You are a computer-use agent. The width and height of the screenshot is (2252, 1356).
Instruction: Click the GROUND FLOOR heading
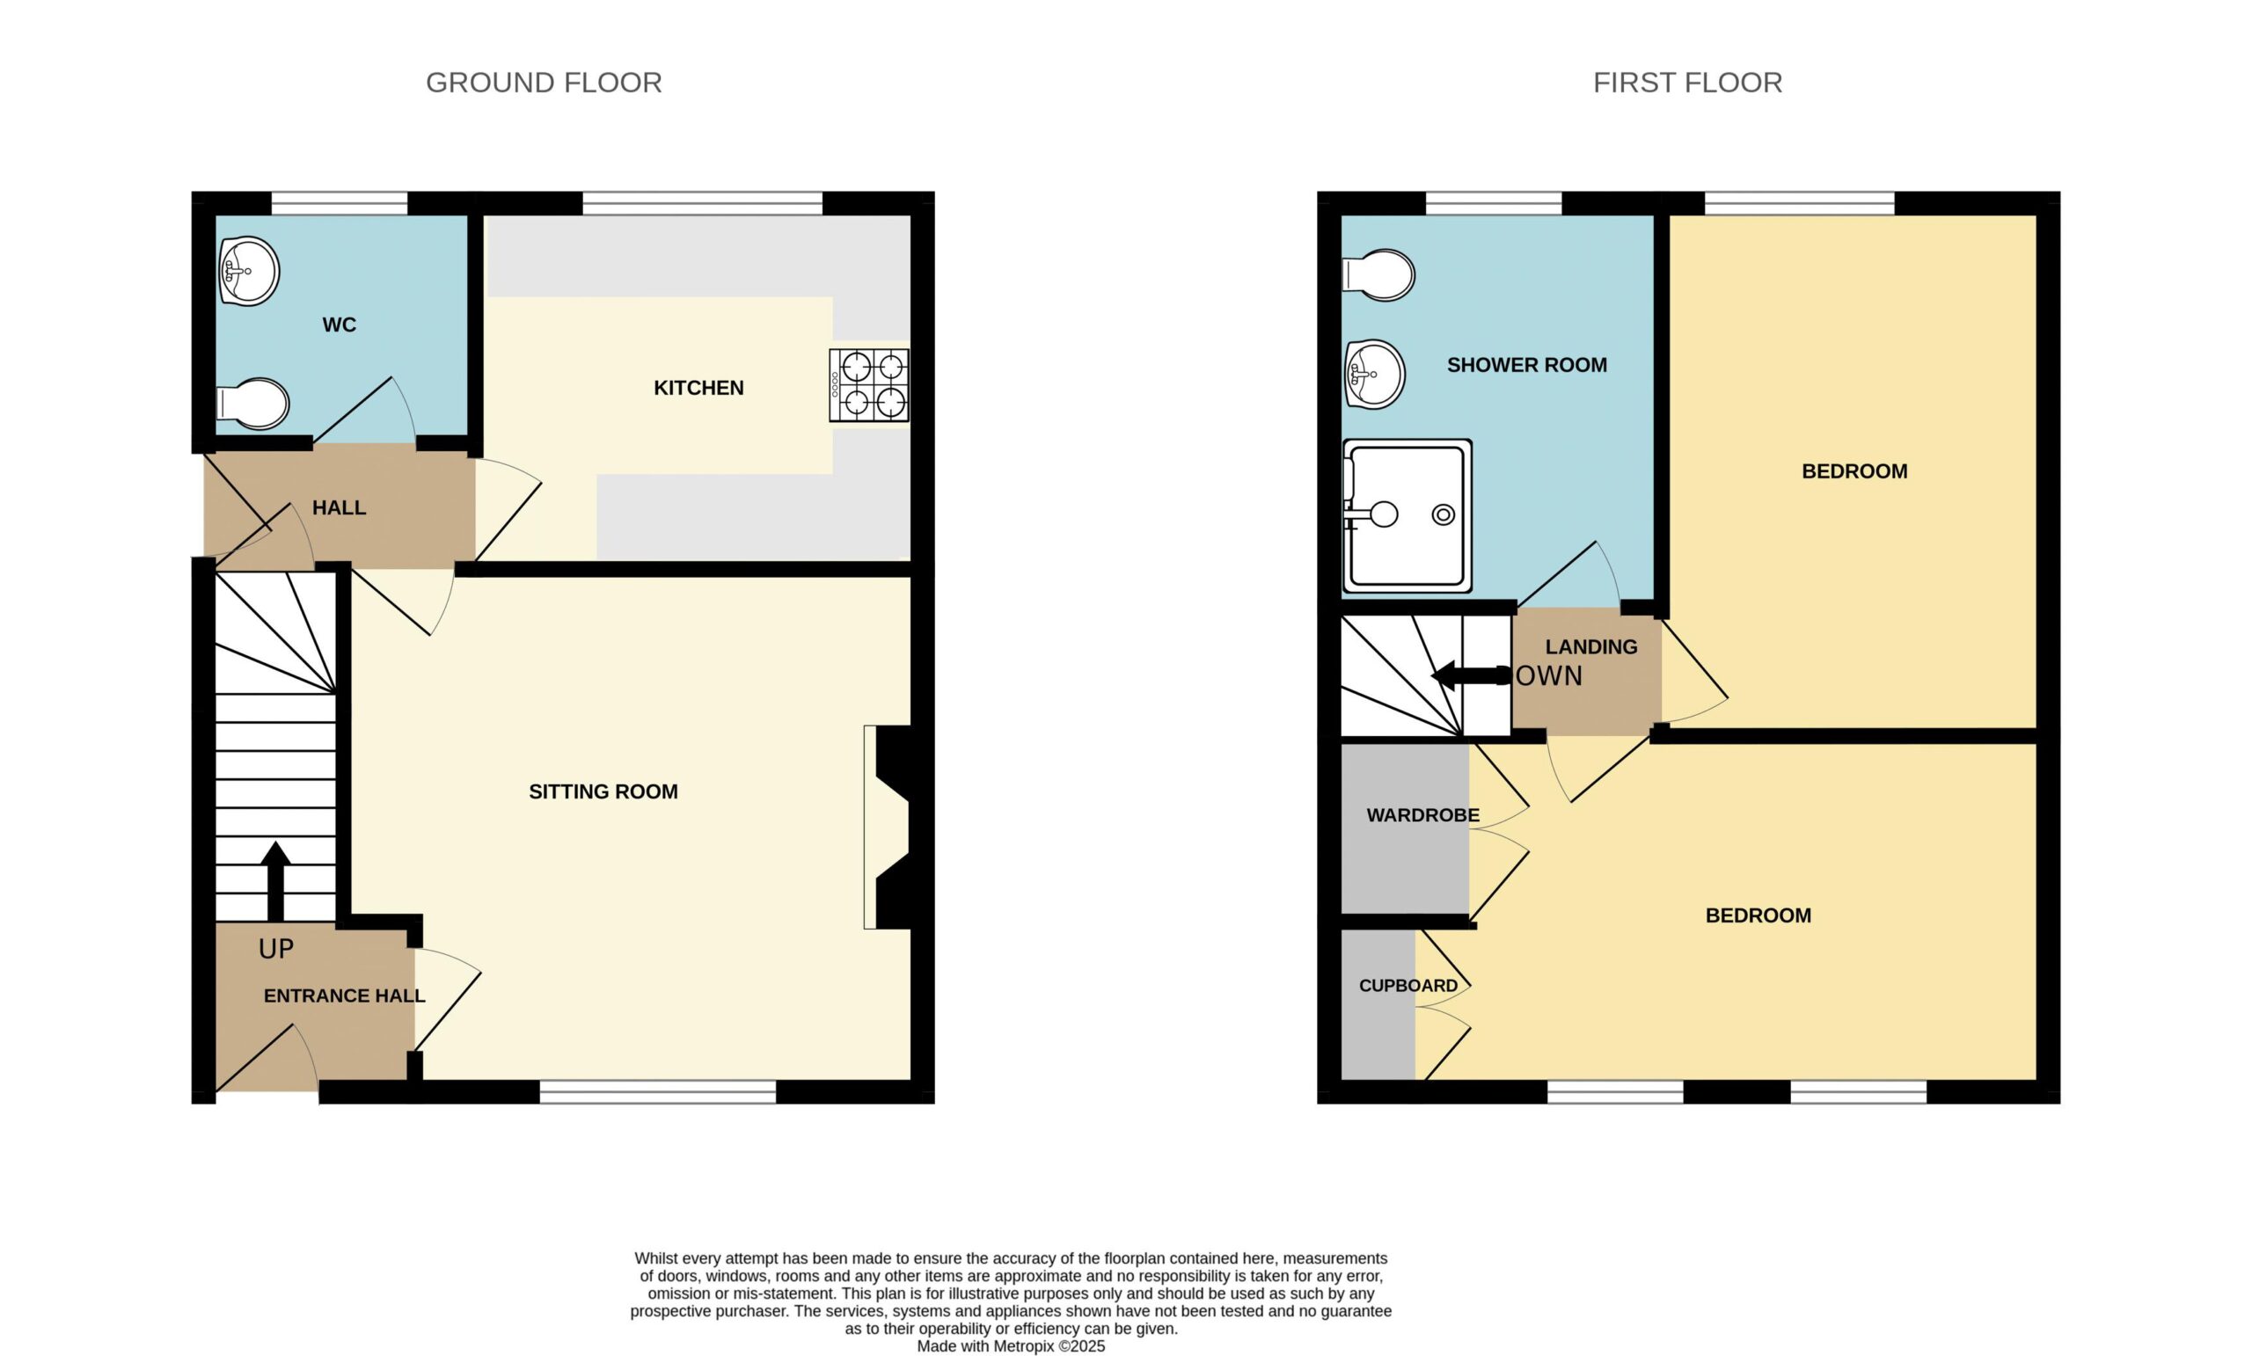(x=544, y=84)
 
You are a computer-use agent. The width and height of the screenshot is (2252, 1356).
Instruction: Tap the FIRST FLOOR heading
(x=1687, y=84)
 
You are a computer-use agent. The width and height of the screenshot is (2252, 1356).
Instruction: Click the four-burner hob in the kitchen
(x=869, y=384)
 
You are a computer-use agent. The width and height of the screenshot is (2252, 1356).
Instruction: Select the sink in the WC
(x=249, y=272)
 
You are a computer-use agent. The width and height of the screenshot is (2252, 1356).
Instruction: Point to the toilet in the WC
(x=252, y=403)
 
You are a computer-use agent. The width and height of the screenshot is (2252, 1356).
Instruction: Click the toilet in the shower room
(x=1378, y=274)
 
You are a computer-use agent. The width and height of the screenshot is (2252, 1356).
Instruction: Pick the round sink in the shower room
(x=1375, y=375)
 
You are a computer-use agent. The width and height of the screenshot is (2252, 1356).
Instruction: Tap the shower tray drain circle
(x=1444, y=515)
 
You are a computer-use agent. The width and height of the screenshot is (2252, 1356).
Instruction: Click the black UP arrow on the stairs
(x=275, y=881)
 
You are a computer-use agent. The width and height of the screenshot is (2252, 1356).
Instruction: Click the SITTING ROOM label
(x=603, y=792)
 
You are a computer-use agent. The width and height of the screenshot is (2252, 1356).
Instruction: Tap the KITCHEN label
(x=699, y=389)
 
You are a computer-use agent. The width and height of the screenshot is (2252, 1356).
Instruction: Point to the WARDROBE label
(x=1423, y=815)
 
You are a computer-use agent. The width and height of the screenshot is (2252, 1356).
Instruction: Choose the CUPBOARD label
(x=1408, y=986)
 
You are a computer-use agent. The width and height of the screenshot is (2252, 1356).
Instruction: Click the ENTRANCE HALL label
(x=345, y=996)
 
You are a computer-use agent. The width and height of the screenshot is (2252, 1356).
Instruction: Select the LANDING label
(x=1591, y=647)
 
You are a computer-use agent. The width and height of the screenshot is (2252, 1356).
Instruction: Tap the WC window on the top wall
(x=339, y=203)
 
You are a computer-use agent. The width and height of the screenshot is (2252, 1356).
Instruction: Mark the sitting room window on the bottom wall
(x=658, y=1092)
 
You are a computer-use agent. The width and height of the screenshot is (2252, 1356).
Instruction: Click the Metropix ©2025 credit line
(x=1011, y=1347)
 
